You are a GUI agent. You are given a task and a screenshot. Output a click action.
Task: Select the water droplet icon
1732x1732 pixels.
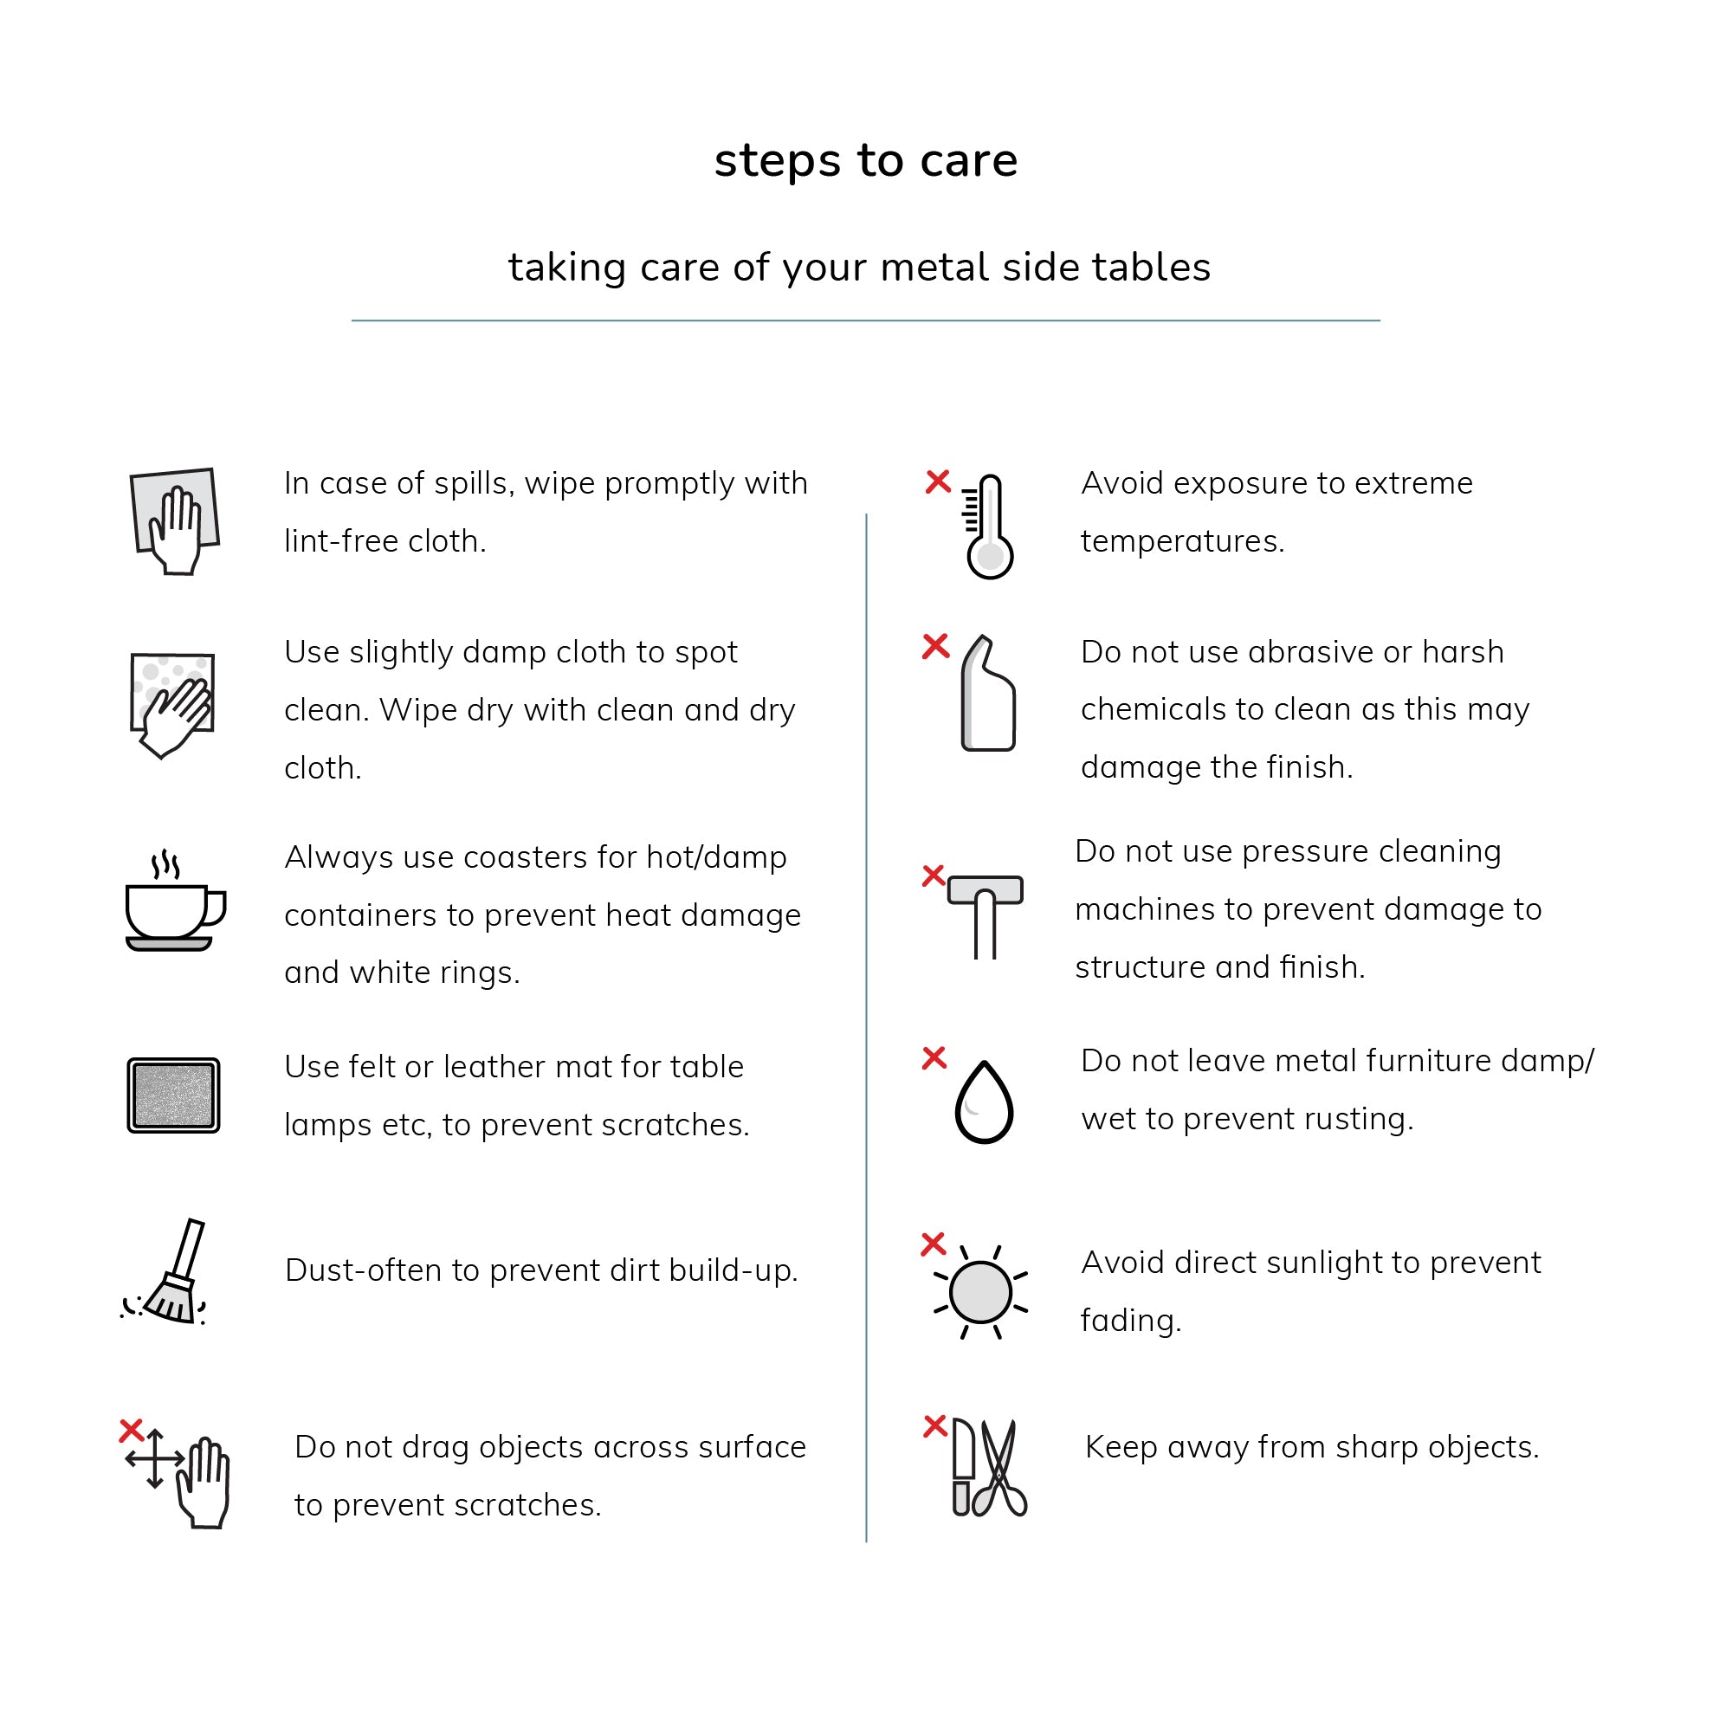pyautogui.click(x=985, y=1102)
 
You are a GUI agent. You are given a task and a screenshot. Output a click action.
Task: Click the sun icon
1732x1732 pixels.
pyautogui.click(x=981, y=1293)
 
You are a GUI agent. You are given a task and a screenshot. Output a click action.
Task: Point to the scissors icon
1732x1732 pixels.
pyautogui.click(x=1000, y=1468)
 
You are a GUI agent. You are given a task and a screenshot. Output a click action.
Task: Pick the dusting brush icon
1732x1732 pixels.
pyautogui.click(x=171, y=1273)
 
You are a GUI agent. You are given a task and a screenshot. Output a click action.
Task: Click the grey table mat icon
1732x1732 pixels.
pyautogui.click(x=173, y=1095)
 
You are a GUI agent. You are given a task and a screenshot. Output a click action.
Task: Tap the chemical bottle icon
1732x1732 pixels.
pyautogui.click(x=987, y=694)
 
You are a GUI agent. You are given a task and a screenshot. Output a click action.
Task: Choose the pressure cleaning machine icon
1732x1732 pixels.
pyautogui.click(x=986, y=914)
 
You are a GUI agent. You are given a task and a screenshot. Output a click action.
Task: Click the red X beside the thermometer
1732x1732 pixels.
pyautogui.click(x=938, y=482)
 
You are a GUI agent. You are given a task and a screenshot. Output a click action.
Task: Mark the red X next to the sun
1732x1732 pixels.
pyautogui.click(x=934, y=1244)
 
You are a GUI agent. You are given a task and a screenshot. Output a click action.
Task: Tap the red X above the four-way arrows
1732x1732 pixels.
pyautogui.click(x=132, y=1430)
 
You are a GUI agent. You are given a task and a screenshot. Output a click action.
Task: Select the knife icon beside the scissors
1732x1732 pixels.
pyautogui.click(x=962, y=1467)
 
